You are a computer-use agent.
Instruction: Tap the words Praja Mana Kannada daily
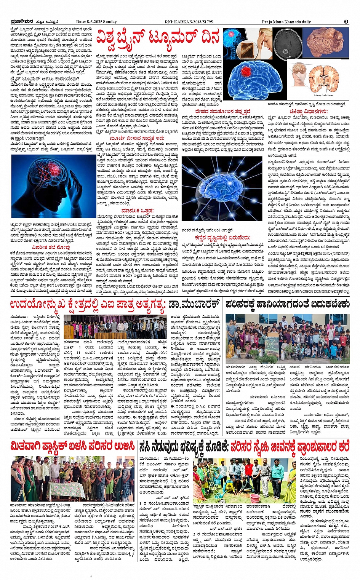286,22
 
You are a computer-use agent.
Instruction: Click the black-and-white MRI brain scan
288,44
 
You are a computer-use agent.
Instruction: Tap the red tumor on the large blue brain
253,70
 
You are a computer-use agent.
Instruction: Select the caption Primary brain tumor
323,95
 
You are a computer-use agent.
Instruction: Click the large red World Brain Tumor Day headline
158,38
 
